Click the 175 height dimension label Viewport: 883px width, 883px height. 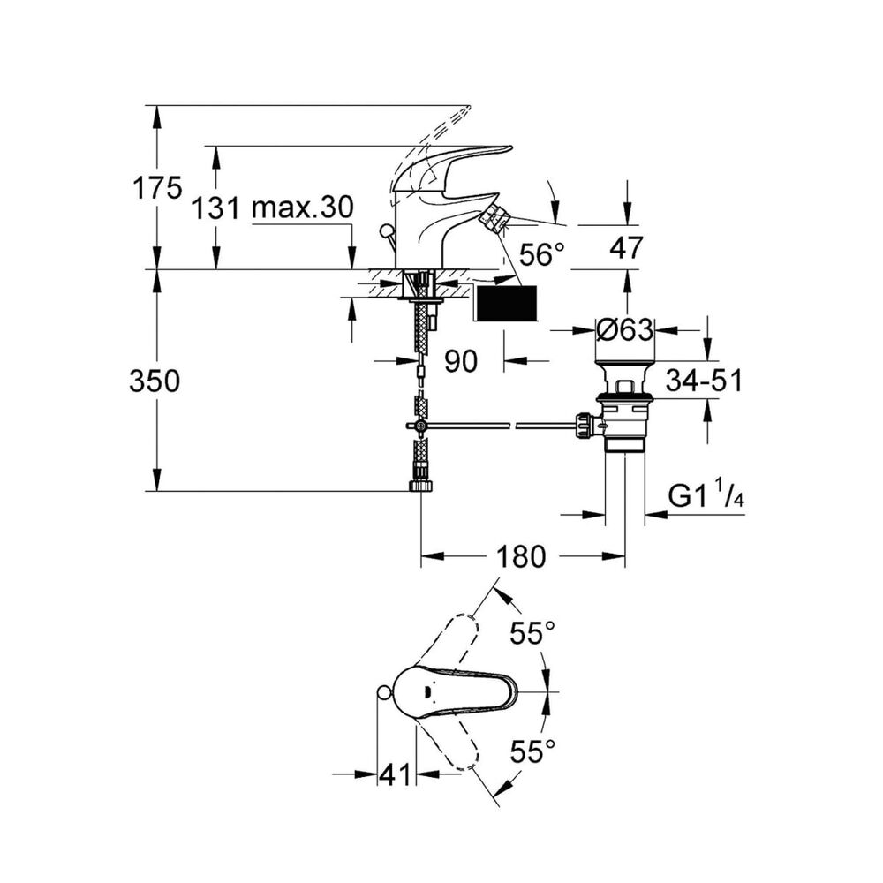pyautogui.click(x=157, y=188)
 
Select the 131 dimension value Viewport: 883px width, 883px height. pyautogui.click(x=216, y=208)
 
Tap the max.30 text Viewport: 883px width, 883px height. pyautogui.click(x=302, y=208)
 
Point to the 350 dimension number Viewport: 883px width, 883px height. pyautogui.click(x=155, y=381)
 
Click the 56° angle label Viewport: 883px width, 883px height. pyautogui.click(x=541, y=256)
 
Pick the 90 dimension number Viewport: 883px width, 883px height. pyautogui.click(x=461, y=360)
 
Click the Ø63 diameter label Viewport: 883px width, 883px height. pyautogui.click(x=625, y=330)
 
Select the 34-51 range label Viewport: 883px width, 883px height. pyautogui.click(x=704, y=381)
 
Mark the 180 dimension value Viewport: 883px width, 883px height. pyautogui.click(x=522, y=556)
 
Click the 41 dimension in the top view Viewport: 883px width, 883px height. pyautogui.click(x=396, y=774)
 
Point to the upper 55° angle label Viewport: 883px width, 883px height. pyautogui.click(x=534, y=632)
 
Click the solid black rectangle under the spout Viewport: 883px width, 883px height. pyautogui.click(x=507, y=303)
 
